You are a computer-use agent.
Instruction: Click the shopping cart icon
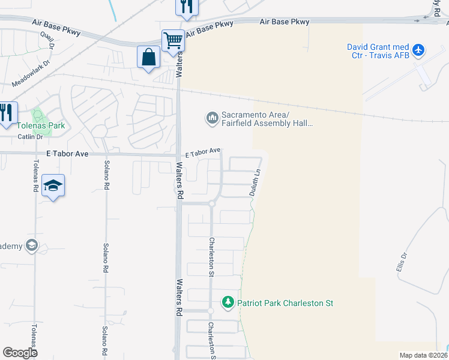click(172, 41)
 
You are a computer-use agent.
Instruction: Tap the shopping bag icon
click(148, 58)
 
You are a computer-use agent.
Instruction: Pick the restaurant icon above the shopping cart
click(186, 6)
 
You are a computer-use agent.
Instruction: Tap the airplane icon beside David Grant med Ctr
click(419, 49)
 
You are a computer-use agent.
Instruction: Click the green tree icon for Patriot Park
click(228, 301)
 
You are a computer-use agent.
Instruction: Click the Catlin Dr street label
click(31, 137)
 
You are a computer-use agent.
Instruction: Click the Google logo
click(20, 353)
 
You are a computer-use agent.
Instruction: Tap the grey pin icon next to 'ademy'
click(31, 245)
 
